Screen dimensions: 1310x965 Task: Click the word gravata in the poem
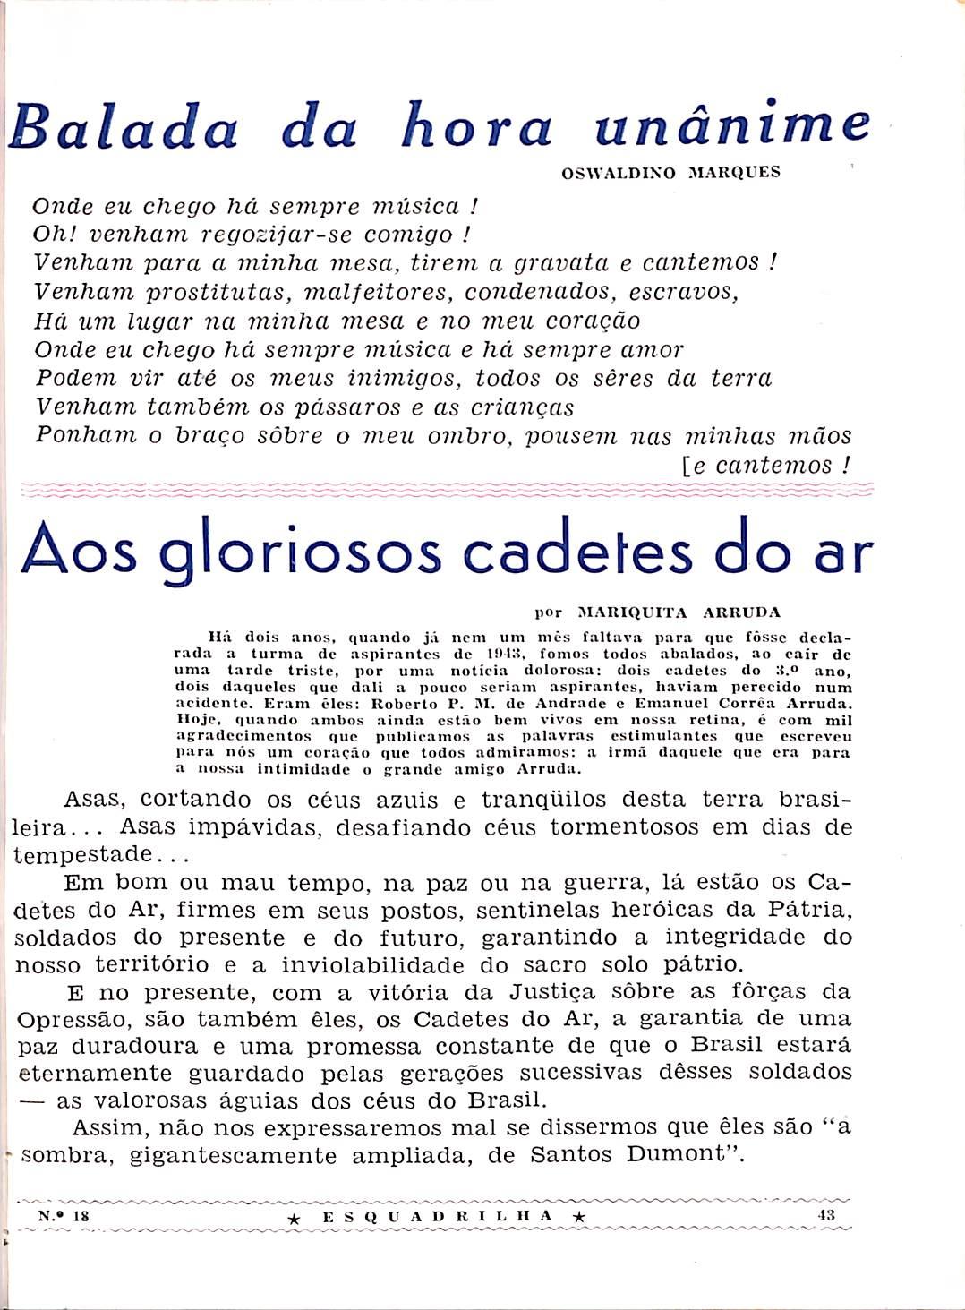pos(559,264)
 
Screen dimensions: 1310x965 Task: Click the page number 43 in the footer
pos(826,1215)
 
